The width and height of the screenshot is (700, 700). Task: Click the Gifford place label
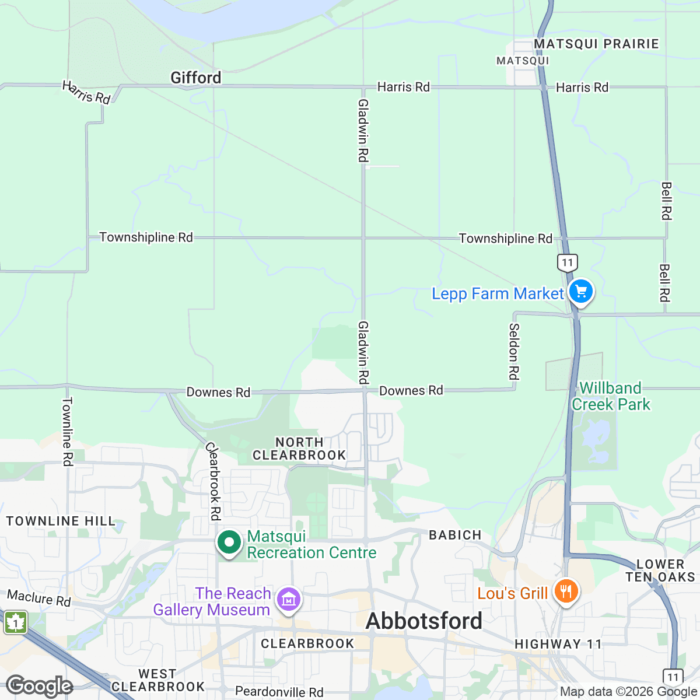click(196, 78)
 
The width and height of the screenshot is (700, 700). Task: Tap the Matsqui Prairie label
click(596, 44)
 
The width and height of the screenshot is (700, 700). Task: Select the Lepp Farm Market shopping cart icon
click(580, 292)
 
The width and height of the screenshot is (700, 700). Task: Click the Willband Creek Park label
click(611, 396)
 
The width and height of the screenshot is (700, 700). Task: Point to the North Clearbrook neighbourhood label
click(299, 449)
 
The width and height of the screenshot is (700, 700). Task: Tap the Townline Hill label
click(61, 521)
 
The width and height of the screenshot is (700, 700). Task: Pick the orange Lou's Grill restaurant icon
click(565, 592)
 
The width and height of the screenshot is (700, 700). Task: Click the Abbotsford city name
click(424, 621)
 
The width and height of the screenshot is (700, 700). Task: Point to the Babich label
click(455, 535)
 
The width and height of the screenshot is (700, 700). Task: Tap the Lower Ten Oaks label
click(660, 570)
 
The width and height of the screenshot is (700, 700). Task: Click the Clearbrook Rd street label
click(213, 481)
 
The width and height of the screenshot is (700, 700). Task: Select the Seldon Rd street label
click(514, 351)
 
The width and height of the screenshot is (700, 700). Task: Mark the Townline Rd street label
click(68, 431)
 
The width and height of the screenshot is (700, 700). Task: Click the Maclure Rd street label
click(38, 598)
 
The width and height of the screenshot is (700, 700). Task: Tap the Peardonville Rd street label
click(279, 692)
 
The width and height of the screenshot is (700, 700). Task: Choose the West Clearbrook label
click(157, 680)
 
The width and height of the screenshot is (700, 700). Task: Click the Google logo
click(39, 687)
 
